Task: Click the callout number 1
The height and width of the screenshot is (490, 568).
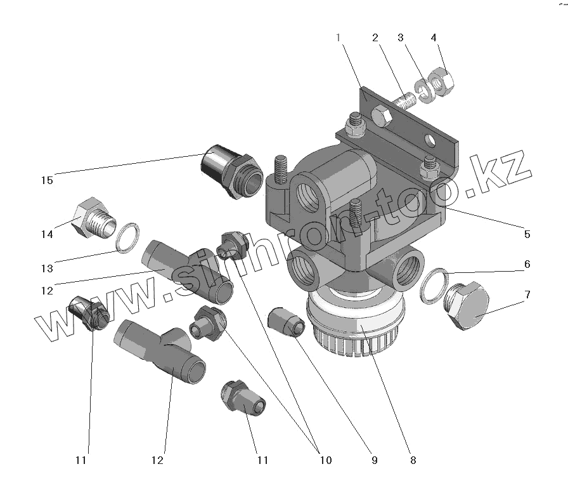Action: [x=339, y=37]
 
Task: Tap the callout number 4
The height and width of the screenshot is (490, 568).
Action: [x=434, y=37]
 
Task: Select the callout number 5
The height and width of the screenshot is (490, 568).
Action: [x=527, y=234]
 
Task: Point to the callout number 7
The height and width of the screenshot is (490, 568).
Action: [x=527, y=295]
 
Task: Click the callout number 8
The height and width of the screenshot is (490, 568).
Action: [x=413, y=460]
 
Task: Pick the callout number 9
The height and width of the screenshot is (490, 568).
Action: [x=374, y=460]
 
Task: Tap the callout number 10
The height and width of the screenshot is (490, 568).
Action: [x=325, y=460]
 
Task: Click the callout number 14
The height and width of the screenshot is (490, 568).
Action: [x=46, y=234]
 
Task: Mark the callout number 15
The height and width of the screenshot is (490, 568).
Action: [x=46, y=180]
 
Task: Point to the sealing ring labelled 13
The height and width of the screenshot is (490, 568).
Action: [x=130, y=235]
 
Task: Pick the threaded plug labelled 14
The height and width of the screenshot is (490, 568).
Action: [x=94, y=220]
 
